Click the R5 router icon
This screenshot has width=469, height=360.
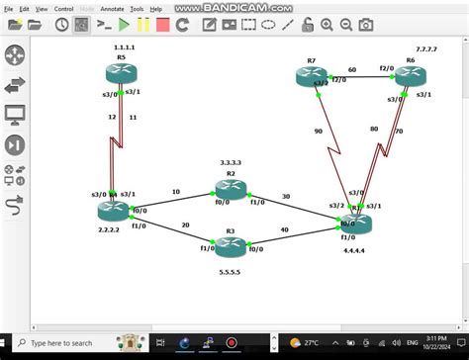121,71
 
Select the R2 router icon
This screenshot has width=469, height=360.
231,189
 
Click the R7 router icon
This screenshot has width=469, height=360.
312,75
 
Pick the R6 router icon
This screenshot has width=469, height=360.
410,76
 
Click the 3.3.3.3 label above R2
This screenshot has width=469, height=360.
231,162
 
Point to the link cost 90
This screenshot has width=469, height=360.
318,132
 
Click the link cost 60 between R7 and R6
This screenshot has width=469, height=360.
352,69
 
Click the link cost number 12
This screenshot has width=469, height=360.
112,117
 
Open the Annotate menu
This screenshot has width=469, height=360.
110,9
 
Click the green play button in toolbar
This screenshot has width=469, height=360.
125,24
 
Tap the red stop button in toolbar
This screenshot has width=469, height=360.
161,24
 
